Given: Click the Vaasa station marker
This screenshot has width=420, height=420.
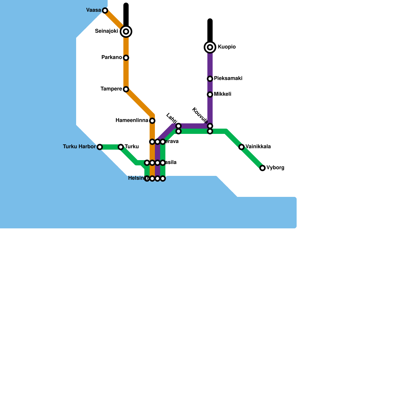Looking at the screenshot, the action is [x=105, y=10].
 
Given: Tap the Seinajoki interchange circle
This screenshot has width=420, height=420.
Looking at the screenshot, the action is [x=126, y=31].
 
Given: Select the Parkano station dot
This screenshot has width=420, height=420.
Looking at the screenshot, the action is [x=126, y=58].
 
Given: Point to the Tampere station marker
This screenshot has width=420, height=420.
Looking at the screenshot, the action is [x=126, y=89].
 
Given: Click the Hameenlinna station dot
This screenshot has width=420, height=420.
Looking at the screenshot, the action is [x=152, y=121].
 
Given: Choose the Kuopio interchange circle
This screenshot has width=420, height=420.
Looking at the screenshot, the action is [x=210, y=47].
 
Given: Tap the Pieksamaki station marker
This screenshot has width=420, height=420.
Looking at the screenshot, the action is [x=210, y=79].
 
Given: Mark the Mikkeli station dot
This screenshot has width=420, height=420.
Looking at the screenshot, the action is [x=210, y=94].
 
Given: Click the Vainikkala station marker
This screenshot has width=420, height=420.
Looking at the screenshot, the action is [x=241, y=147].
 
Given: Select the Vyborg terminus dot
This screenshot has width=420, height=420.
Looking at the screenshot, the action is [x=262, y=168].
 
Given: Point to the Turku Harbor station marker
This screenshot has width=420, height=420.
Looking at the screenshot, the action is [x=100, y=147].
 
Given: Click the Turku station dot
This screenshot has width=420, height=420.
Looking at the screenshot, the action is [x=121, y=147].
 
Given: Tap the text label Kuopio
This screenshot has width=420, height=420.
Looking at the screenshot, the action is [x=227, y=47].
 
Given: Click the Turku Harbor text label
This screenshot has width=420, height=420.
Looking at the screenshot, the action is [x=79, y=146].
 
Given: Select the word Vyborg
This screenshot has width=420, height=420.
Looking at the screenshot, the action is [x=275, y=167].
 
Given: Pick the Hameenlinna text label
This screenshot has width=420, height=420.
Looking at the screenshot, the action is [x=132, y=120].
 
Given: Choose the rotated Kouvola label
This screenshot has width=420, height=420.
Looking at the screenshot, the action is [x=200, y=115].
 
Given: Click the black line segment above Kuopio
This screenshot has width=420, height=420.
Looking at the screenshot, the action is [x=210, y=30].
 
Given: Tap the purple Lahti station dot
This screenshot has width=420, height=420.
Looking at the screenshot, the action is [x=178, y=126].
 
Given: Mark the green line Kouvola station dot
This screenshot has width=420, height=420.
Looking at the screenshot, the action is [x=210, y=131].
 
